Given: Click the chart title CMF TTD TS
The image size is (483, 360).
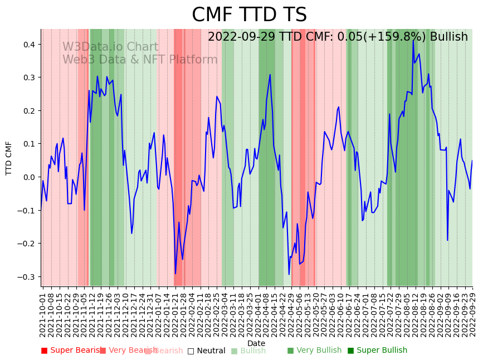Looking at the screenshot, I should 249,15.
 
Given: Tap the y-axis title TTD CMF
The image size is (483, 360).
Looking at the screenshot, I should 9,158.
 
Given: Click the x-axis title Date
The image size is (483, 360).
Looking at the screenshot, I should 256,343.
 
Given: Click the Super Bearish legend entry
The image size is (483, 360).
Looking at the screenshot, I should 71,351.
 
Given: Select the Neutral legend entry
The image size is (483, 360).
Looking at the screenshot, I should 207,351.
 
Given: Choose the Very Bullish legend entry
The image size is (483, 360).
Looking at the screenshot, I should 315,351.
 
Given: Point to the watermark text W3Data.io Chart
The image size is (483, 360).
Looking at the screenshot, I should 110,47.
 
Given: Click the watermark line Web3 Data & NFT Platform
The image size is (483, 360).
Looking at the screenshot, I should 140,60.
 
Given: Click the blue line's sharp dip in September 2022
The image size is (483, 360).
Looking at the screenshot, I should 447,240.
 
